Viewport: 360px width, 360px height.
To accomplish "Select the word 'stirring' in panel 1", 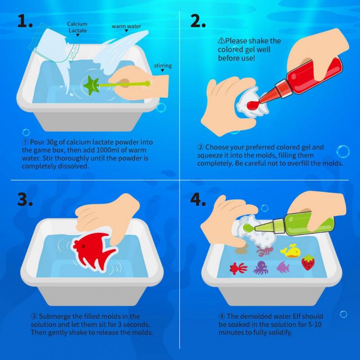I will [162, 66].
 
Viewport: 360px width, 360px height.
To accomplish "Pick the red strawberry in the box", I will [308, 262].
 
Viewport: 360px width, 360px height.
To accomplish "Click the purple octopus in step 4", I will [261, 268].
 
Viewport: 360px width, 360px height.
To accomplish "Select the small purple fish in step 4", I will [283, 267].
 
